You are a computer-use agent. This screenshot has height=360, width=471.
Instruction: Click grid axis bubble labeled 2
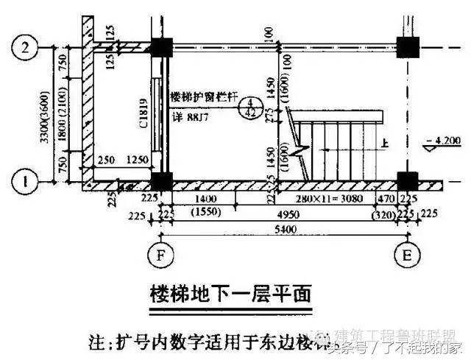pyautogui.click(x=27, y=48)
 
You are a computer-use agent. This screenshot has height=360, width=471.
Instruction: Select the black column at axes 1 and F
pyautogui.click(x=160, y=181)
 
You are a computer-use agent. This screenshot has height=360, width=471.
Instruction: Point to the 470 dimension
pyautogui.click(x=386, y=199)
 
